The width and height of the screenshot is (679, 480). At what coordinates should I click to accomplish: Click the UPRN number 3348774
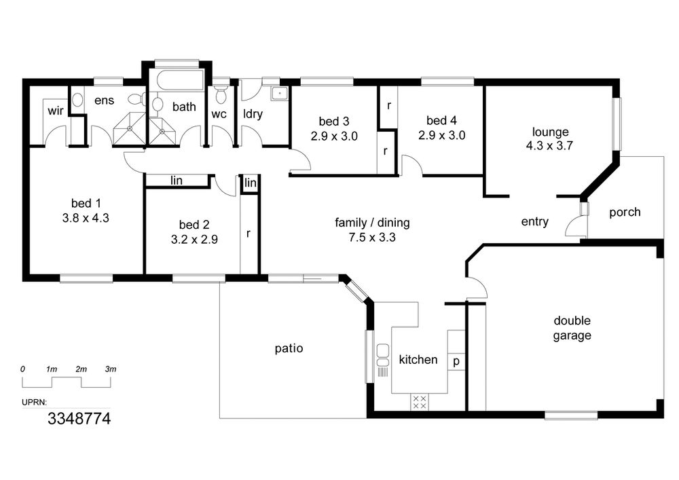(79, 418)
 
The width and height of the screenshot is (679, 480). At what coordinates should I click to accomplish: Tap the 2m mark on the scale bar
(81, 369)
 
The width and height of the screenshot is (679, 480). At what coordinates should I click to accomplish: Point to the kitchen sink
(383, 356)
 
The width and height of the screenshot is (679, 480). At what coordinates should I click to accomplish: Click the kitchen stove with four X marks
(419, 402)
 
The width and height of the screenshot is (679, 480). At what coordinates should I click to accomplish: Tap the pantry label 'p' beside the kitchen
(456, 361)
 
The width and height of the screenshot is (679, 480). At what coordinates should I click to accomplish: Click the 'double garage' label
(572, 328)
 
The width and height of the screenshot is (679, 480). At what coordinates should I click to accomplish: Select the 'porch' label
(625, 213)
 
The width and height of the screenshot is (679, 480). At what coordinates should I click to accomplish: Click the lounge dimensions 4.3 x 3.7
(549, 146)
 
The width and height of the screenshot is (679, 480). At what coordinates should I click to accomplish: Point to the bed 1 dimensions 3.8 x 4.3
(86, 218)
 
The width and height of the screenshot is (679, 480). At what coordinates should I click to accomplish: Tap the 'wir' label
(56, 111)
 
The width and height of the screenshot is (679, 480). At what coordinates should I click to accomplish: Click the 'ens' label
(105, 100)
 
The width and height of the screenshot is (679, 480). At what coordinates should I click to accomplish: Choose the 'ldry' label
(253, 114)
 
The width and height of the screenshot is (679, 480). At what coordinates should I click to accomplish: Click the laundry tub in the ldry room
(279, 94)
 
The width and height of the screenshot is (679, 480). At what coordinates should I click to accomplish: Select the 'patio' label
(289, 349)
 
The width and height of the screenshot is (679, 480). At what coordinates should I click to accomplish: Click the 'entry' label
(535, 222)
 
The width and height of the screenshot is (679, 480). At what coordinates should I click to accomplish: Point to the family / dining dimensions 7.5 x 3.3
(372, 237)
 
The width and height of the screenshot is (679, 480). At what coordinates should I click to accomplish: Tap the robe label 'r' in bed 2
(248, 234)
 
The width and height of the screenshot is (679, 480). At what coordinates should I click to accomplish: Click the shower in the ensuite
(128, 128)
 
